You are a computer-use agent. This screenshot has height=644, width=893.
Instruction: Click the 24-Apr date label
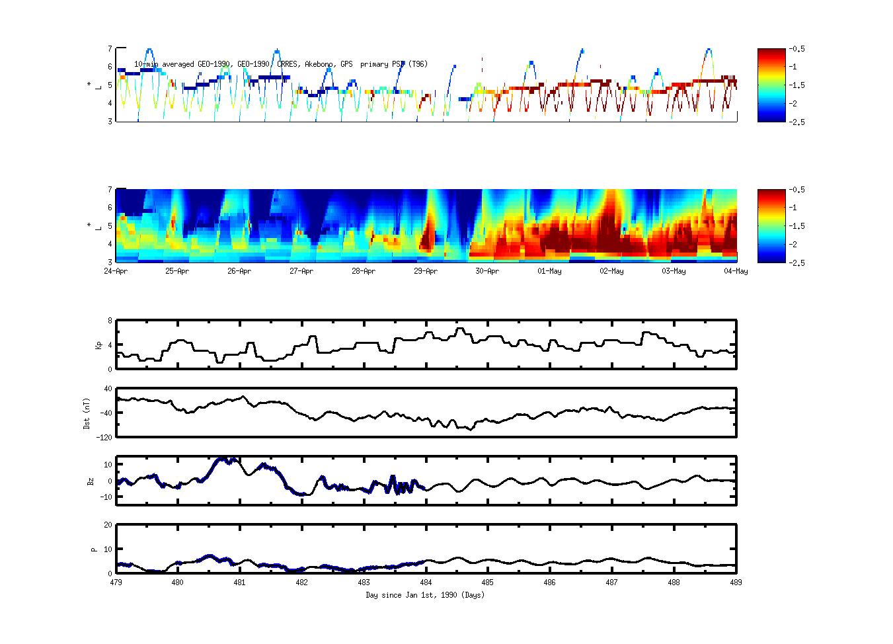pos(116,271)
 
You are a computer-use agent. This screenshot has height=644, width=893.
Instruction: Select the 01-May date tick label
pos(549,271)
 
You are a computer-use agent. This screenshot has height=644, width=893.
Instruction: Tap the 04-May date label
pos(736,271)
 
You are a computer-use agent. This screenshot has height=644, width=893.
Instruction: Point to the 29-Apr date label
pos(426,271)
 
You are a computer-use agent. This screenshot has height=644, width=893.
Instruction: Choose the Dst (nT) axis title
pos(87,413)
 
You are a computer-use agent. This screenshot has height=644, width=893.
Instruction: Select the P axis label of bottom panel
pos(94,549)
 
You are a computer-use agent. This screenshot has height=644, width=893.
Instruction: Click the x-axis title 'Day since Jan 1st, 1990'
pos(425,595)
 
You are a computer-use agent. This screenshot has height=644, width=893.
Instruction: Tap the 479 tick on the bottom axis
pos(116,583)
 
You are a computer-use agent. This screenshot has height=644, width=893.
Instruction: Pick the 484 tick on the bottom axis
pos(426,583)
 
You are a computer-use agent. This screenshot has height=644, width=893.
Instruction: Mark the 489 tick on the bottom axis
pos(736,583)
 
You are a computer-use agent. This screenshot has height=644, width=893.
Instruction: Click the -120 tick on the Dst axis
pos(104,437)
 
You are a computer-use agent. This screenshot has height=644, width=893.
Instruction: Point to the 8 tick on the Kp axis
pos(110,321)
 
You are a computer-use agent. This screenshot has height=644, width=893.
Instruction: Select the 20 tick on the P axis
pos(108,525)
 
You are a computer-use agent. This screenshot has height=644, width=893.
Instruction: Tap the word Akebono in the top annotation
pos(320,64)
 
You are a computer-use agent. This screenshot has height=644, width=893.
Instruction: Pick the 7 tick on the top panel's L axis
pos(110,48)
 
